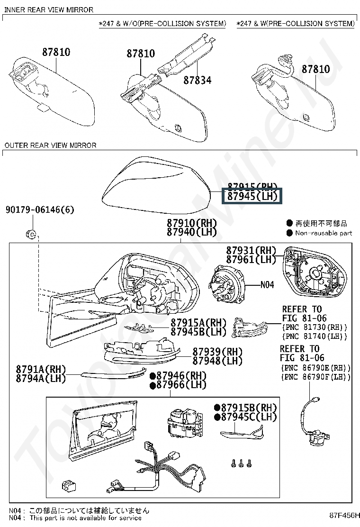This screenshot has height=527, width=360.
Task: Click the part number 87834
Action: tap(197, 80)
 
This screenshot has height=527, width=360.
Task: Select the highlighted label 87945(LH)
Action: tap(252, 196)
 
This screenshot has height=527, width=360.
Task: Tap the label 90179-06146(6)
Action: tap(40, 209)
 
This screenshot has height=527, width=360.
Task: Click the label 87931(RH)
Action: tap(251, 250)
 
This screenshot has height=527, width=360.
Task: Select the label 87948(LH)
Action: tap(217, 361)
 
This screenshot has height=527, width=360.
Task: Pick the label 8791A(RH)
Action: tap(41, 370)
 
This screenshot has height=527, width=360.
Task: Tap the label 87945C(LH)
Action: tap(245, 417)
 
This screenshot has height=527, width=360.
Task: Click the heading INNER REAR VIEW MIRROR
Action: tap(48, 9)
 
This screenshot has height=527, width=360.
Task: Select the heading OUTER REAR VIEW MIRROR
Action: tap(50, 145)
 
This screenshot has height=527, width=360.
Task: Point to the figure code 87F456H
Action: tap(344, 515)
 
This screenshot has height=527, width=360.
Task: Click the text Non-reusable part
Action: tap(324, 233)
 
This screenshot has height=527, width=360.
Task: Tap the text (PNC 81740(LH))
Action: tap(315, 336)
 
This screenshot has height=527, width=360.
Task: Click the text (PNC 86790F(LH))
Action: tap(315, 377)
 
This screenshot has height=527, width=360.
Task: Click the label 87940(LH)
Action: tap(191, 232)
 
